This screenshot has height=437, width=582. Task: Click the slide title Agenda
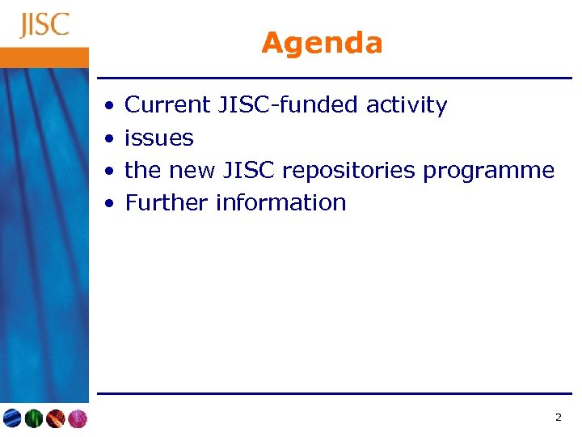(322, 43)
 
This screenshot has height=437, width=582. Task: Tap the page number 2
(558, 418)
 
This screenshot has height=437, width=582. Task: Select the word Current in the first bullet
(167, 105)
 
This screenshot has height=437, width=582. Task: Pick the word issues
(159, 138)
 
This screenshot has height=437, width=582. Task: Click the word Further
(167, 202)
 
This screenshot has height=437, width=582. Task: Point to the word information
(280, 202)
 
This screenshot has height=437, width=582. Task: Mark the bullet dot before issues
(108, 139)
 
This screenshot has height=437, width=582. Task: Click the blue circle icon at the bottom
(12, 418)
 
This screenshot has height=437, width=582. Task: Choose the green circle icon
(33, 418)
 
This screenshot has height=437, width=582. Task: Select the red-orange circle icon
(55, 418)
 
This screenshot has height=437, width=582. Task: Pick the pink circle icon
(76, 418)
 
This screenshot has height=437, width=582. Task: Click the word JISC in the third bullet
(246, 170)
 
